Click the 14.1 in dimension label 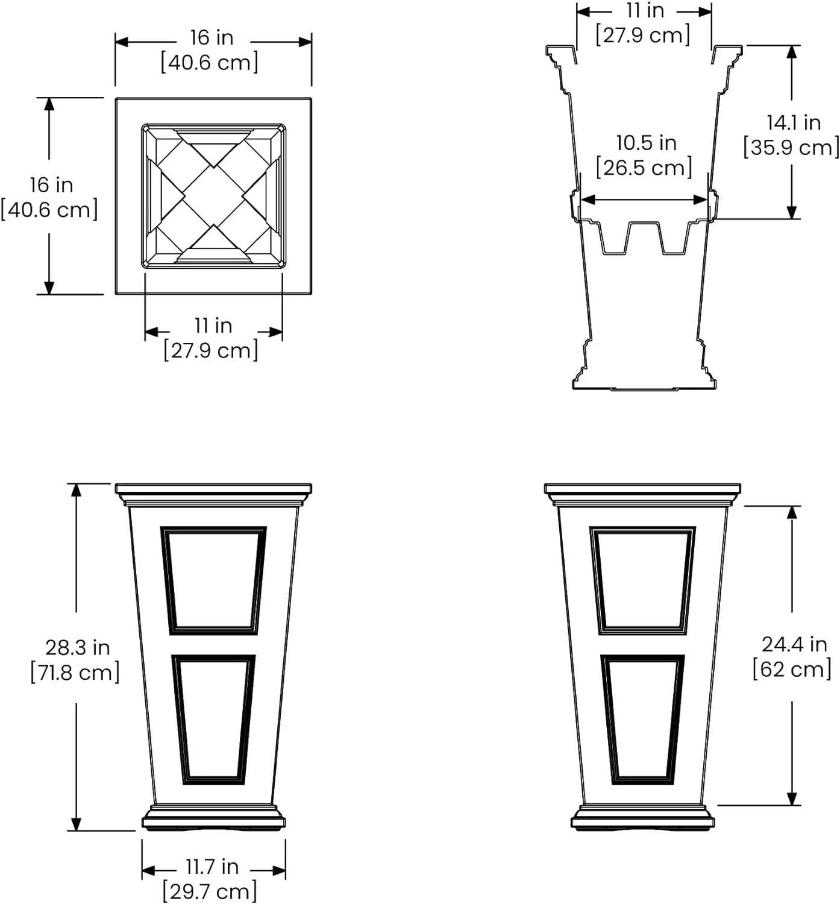(793, 122)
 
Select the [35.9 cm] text (791, 148)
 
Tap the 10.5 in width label (645, 143)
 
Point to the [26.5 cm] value (644, 168)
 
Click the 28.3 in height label (77, 647)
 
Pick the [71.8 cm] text (75, 672)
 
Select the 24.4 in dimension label (794, 644)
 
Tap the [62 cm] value (792, 669)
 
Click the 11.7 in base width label (212, 867)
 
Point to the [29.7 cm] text (210, 891)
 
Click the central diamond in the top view (214, 196)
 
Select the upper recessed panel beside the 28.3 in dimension (213, 581)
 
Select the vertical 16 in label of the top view (51, 185)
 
